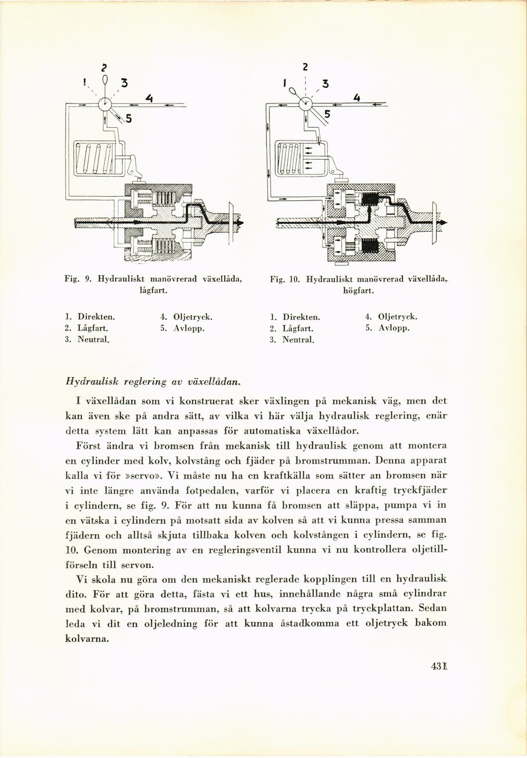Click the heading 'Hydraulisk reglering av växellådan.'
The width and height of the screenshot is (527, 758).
point(154,382)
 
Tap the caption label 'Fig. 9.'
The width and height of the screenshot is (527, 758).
point(77,279)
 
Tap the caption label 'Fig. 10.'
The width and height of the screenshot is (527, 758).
point(284,279)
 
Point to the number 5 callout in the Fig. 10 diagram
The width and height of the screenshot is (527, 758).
point(327,114)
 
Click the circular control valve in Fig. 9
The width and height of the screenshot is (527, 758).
point(106,105)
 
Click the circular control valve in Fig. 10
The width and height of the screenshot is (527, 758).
point(306,105)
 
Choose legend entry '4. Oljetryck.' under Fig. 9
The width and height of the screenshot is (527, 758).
point(186,317)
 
